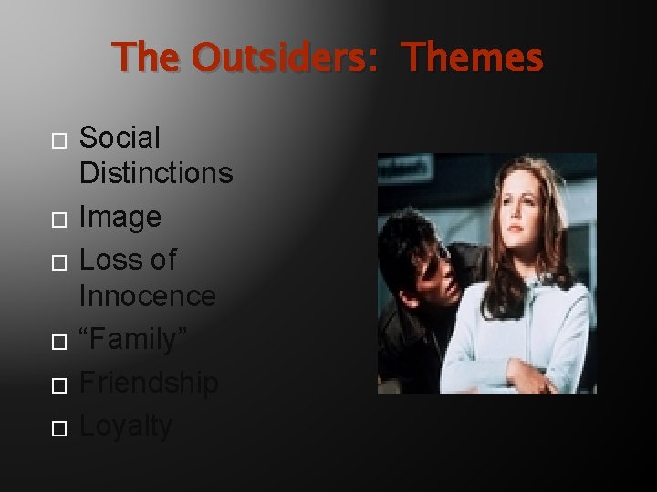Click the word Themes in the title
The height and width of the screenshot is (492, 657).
point(473,58)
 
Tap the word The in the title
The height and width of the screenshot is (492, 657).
point(149,58)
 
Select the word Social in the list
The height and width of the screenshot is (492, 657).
point(120,138)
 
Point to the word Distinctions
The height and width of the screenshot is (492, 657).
point(156,172)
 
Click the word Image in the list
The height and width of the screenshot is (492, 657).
point(120,217)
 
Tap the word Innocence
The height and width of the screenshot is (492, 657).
point(148,295)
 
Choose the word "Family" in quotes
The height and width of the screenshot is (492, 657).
point(133,339)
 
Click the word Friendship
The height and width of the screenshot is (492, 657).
point(149,383)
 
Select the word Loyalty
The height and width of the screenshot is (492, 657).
point(126,425)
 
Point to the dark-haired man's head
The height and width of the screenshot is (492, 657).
point(415,246)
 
